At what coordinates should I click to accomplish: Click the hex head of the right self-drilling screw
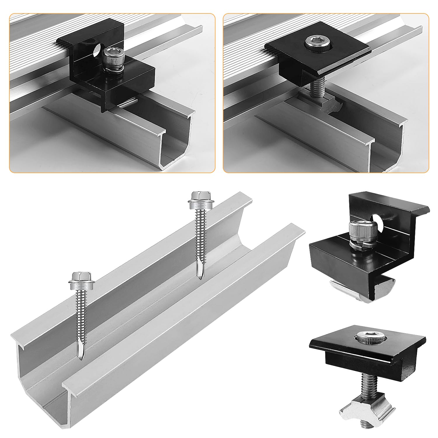point(198,196)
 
